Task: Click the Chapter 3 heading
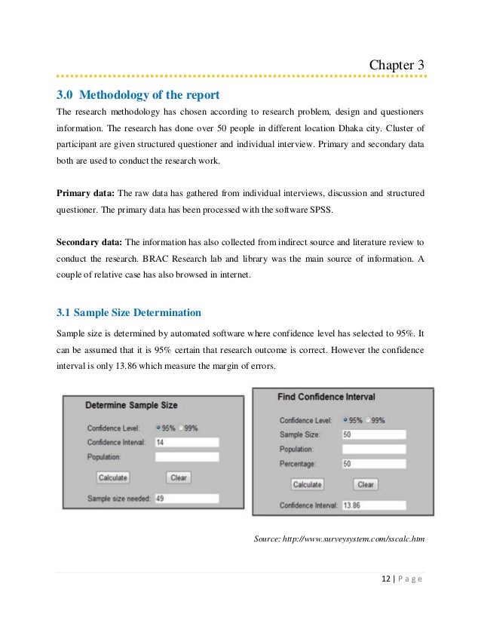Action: pyautogui.click(x=396, y=65)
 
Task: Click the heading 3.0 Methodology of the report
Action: pyautogui.click(x=138, y=95)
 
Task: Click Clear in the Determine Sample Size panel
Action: pyautogui.click(x=179, y=477)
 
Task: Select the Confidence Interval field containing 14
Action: pyautogui.click(x=186, y=442)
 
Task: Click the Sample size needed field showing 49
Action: pyautogui.click(x=186, y=499)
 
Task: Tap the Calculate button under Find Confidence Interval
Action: pyautogui.click(x=307, y=484)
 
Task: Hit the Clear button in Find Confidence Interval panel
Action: pyautogui.click(x=365, y=484)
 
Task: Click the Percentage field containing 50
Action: pyautogui.click(x=373, y=463)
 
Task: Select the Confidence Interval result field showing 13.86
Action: pyautogui.click(x=373, y=505)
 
